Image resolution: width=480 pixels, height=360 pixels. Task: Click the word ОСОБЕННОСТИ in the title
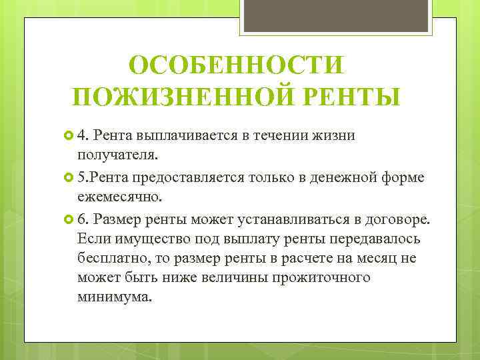pos(237,67)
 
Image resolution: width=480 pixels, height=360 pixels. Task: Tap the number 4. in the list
pos(83,137)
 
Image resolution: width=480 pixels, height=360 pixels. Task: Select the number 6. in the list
pos(83,219)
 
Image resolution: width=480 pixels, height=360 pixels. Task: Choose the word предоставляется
pos(189,178)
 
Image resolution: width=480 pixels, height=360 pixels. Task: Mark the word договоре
pos(397,219)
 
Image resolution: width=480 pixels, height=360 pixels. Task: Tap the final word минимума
pos(114,297)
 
